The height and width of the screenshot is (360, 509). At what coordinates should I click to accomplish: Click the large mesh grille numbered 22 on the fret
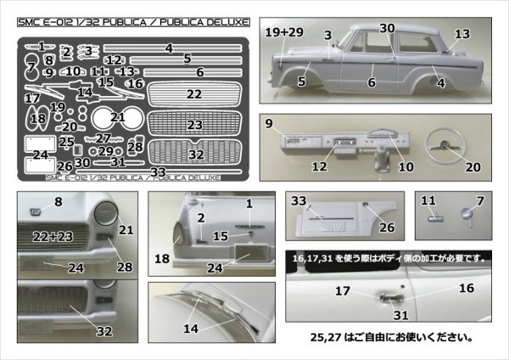point(194,94)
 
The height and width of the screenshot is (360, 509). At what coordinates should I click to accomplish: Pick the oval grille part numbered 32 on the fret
point(196,154)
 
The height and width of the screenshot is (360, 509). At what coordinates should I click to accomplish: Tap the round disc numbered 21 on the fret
point(110,118)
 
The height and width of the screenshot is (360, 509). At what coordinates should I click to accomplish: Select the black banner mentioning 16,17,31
point(385,256)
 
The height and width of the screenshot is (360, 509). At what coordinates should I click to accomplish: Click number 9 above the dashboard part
point(268,124)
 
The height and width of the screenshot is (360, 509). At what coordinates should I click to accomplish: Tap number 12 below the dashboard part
point(318,167)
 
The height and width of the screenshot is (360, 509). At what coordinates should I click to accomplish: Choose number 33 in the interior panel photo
point(299,201)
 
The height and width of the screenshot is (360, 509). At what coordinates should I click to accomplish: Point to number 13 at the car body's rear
point(461,33)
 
